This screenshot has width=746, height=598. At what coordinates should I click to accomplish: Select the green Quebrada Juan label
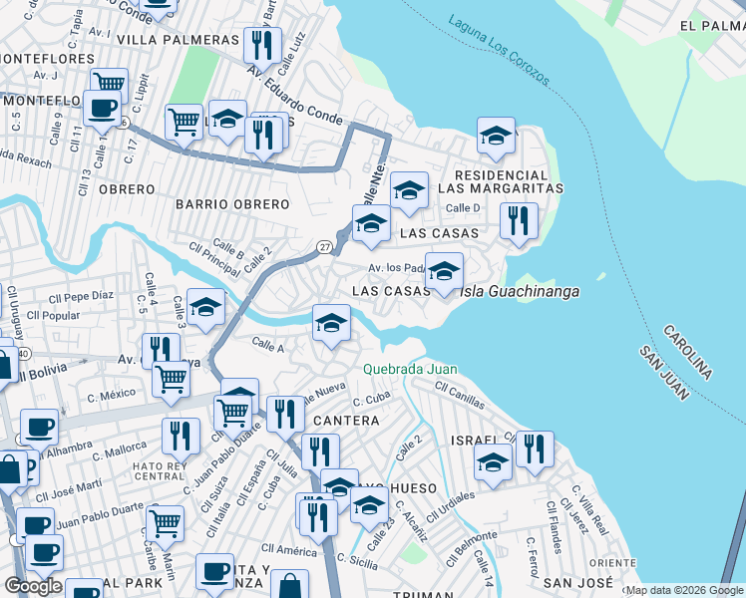[410, 369]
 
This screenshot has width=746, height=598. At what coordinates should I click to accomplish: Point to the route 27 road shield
[325, 246]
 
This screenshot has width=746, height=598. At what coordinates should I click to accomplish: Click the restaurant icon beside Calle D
[518, 221]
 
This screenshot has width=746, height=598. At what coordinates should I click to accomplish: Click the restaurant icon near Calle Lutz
[261, 46]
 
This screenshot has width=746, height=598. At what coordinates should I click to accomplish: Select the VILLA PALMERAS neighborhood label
[179, 39]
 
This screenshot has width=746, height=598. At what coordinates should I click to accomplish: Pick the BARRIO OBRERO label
[231, 204]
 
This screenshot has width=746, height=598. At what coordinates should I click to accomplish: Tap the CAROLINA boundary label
[686, 351]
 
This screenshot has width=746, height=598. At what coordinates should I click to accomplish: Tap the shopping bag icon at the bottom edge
[289, 586]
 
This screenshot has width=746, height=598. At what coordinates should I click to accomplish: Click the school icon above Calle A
[331, 323]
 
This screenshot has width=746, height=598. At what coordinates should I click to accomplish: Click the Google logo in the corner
[33, 586]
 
